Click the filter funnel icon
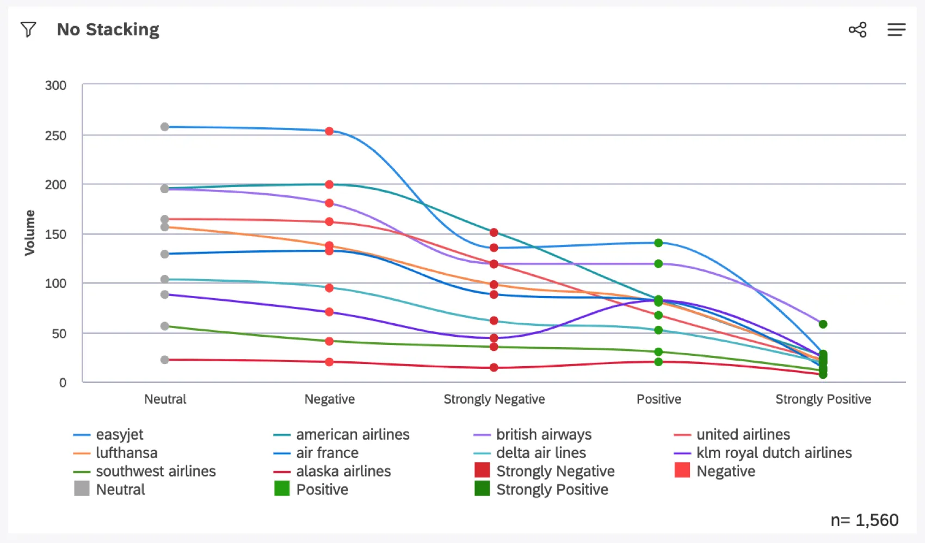[x=28, y=29]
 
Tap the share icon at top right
[x=858, y=29]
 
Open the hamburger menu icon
[x=896, y=29]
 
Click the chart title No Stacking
[x=108, y=29]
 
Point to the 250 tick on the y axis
[x=55, y=135]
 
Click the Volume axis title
[x=29, y=233]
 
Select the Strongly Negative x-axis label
[x=494, y=399]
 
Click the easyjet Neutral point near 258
[x=165, y=127]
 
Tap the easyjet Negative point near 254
[x=329, y=131]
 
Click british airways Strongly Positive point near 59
[x=823, y=324]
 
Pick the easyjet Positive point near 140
[x=658, y=243]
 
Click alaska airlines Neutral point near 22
[x=165, y=360]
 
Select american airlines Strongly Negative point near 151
[x=494, y=232]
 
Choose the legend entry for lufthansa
[x=126, y=453]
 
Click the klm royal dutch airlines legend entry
[x=773, y=453]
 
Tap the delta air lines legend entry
[x=540, y=453]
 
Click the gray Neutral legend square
[x=82, y=489]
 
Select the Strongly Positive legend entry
[x=552, y=490]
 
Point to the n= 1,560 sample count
[x=864, y=520]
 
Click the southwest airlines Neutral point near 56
[x=165, y=326]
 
